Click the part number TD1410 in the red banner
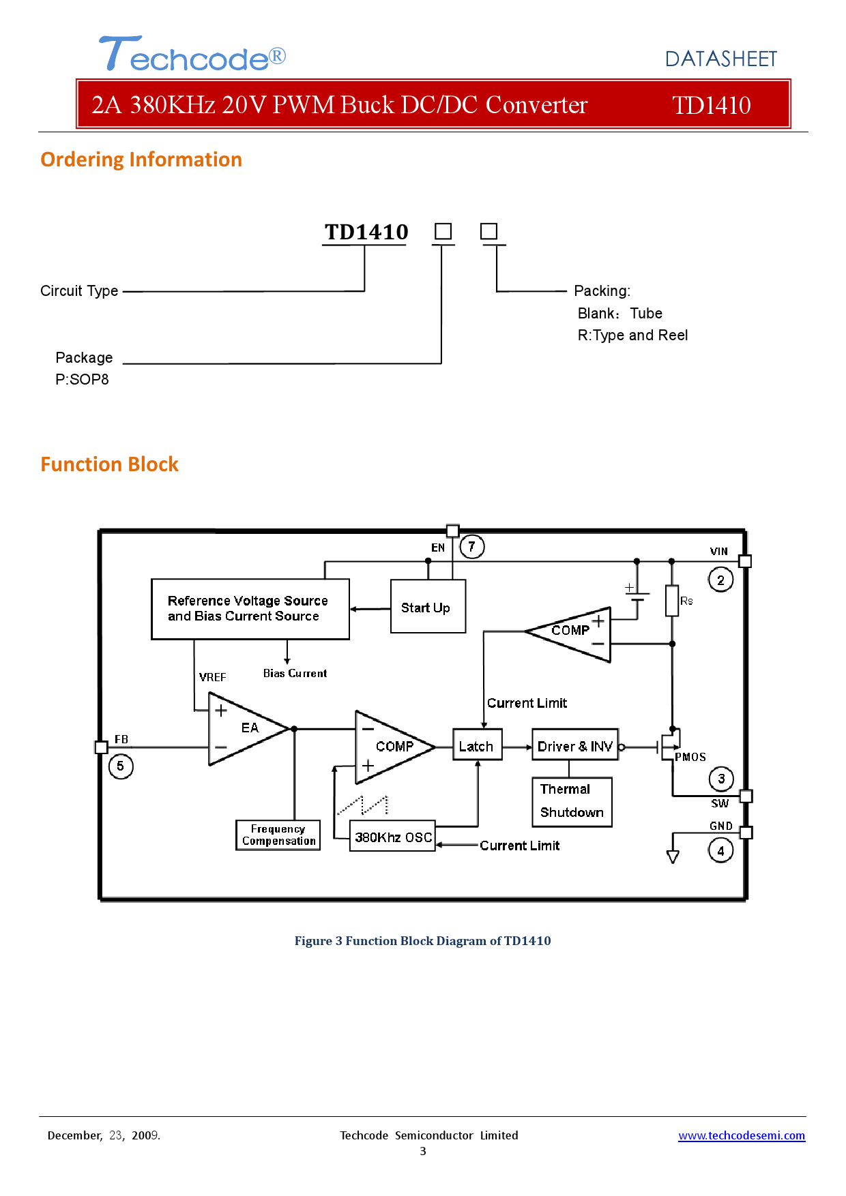pyautogui.click(x=711, y=105)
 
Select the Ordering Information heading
pyautogui.click(x=141, y=160)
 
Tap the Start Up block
pyautogui.click(x=428, y=607)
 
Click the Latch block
pyautogui.click(x=477, y=745)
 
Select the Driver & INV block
pyautogui.click(x=574, y=745)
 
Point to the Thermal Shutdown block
pyautogui.click(x=572, y=801)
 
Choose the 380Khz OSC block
pyautogui.click(x=392, y=837)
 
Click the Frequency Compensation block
pyautogui.click(x=278, y=835)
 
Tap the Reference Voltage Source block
pyautogui.click(x=250, y=609)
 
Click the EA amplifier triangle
pyautogui.click(x=246, y=729)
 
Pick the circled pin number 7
pyautogui.click(x=471, y=547)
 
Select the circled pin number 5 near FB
pyautogui.click(x=121, y=766)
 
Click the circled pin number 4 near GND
pyautogui.click(x=720, y=851)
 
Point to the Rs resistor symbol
pyautogui.click(x=672, y=601)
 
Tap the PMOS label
pyautogui.click(x=690, y=757)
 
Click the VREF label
pyautogui.click(x=212, y=677)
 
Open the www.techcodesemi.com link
pyautogui.click(x=741, y=1135)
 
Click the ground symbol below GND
pyautogui.click(x=673, y=856)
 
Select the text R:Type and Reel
pyautogui.click(x=632, y=335)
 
